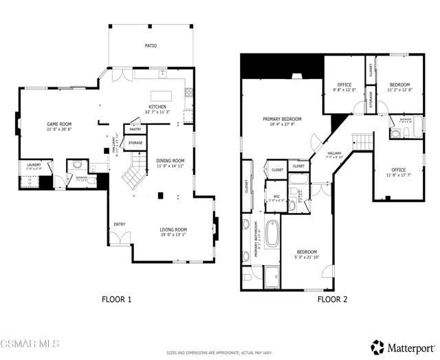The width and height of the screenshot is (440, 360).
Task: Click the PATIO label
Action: click(151, 46)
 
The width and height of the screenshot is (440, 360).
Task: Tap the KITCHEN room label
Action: click(156, 107)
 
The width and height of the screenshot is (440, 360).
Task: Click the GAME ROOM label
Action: click(41, 124)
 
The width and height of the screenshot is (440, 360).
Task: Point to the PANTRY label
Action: click(135, 128)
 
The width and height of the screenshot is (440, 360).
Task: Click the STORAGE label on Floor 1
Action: click(135, 143)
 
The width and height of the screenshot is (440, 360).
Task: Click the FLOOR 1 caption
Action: click(116, 299)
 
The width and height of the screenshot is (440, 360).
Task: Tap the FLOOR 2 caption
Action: click(332, 299)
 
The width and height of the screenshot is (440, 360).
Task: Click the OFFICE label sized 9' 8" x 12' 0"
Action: click(344, 85)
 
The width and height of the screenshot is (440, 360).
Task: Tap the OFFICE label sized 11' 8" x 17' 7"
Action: click(398, 170)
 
